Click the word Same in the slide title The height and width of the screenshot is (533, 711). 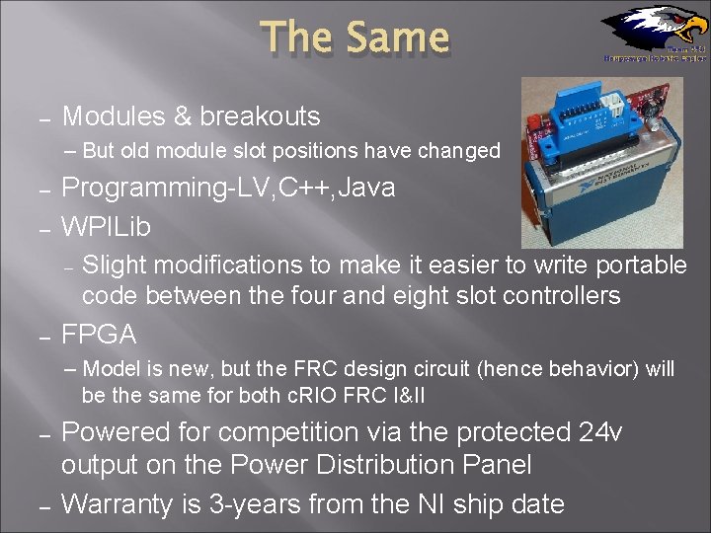pyautogui.click(x=397, y=38)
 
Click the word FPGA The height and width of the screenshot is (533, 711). pyautogui.click(x=99, y=335)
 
